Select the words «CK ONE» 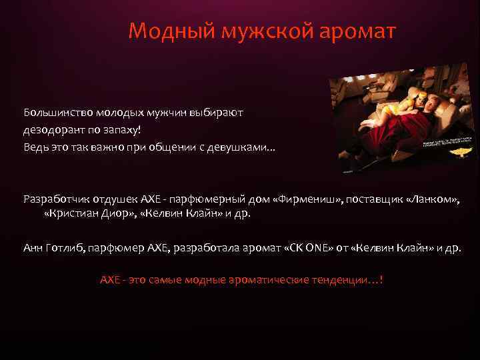point(304,247)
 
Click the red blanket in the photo point(387,133)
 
